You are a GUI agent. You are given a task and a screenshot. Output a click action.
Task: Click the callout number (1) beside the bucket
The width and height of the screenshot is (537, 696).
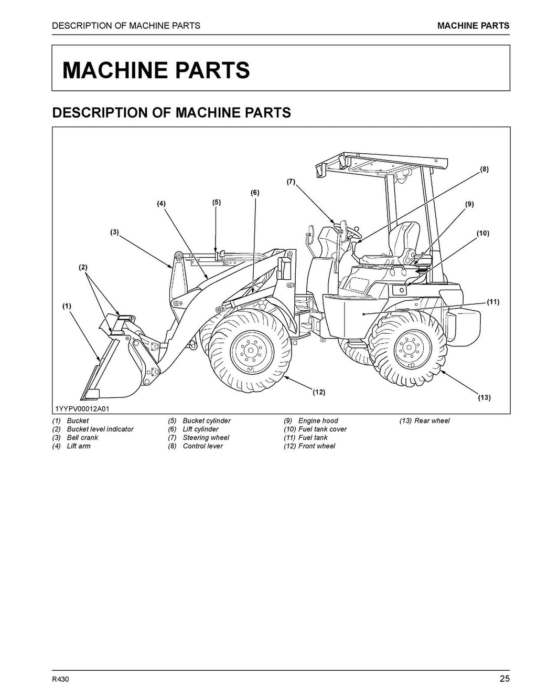[x=67, y=305]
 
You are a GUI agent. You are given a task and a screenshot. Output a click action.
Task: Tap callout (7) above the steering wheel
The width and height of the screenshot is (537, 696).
[x=291, y=182]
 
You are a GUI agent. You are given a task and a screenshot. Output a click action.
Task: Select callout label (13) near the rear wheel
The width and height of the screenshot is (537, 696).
[x=484, y=397]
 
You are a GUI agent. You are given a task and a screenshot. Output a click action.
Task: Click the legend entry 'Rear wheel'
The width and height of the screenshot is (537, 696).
[x=432, y=421]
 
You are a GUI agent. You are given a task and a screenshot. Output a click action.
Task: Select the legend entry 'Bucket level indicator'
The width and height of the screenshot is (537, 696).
[x=100, y=429]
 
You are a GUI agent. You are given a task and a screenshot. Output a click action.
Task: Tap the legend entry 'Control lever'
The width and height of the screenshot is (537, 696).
[x=202, y=446]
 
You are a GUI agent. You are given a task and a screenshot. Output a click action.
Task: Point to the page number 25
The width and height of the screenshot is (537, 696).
[x=504, y=679]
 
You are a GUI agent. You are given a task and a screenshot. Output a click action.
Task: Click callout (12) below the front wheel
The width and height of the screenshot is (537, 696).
[x=319, y=392]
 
